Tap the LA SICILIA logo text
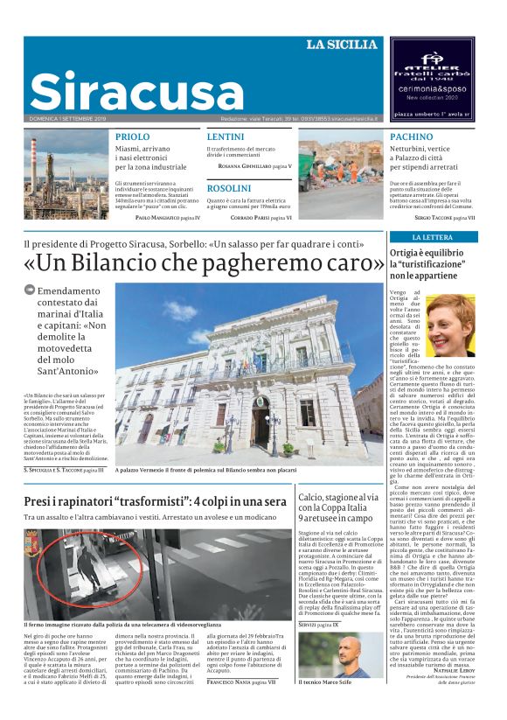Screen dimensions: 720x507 [342, 45]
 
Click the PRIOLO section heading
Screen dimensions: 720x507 [132, 137]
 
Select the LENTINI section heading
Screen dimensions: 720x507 [225, 137]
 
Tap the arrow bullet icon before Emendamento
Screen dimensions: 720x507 [29, 289]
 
